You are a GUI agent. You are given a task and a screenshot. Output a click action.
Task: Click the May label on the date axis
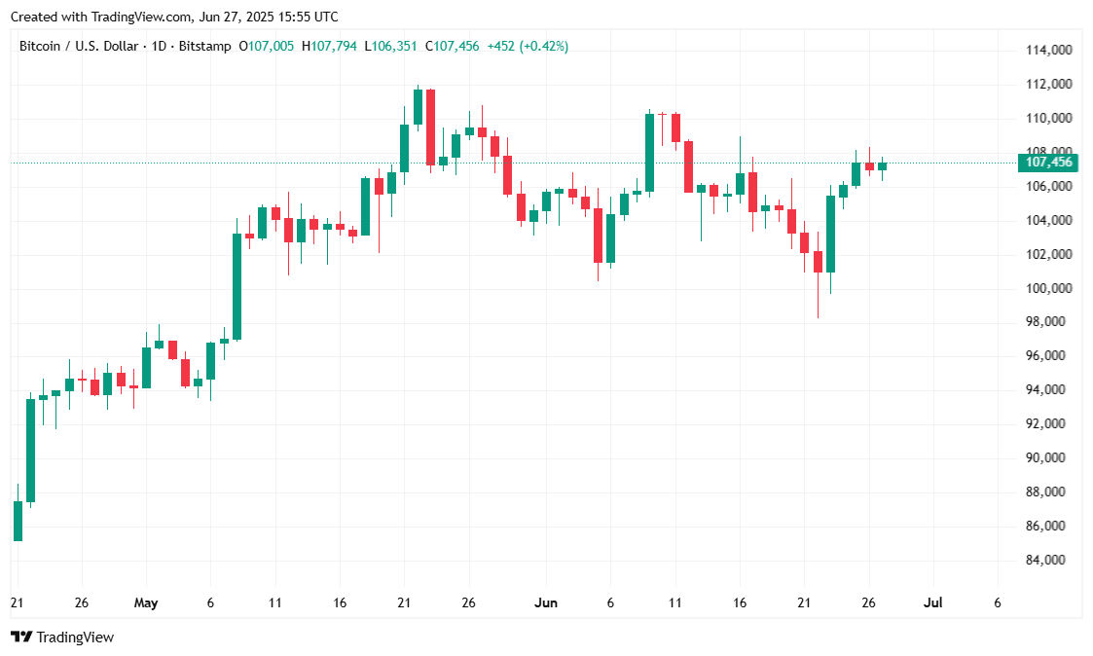(146, 603)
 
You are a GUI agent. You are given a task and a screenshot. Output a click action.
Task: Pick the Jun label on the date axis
(546, 603)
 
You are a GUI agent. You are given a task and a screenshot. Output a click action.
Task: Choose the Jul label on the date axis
(932, 603)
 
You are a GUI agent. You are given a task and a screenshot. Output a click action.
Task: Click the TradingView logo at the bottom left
(62, 638)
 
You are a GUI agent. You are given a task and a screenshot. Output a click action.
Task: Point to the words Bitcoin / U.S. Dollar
(82, 47)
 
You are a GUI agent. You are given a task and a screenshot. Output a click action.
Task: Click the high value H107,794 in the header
(330, 47)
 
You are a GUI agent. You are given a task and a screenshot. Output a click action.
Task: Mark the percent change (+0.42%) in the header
(546, 47)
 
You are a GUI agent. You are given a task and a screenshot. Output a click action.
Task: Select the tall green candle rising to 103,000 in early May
(237, 286)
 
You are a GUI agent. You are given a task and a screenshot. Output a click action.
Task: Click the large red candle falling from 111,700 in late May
(430, 127)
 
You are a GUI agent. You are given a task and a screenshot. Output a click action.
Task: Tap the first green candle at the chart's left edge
(18, 521)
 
